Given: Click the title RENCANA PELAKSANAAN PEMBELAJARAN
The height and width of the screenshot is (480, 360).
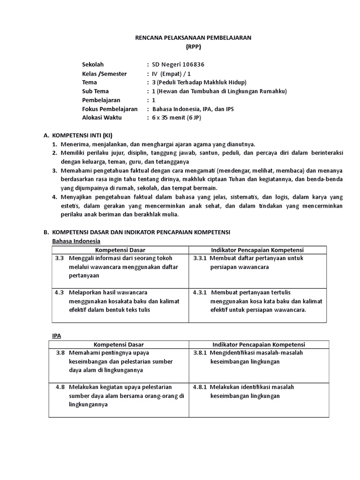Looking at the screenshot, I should coord(193,38).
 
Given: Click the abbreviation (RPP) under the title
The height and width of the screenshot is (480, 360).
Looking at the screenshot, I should coord(193,47).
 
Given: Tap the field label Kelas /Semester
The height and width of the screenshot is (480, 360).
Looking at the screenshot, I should coord(104,74).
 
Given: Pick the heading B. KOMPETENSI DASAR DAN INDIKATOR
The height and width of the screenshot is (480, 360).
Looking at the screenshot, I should coord(141,232).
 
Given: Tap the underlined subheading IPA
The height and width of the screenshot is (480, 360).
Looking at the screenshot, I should coord(56,336).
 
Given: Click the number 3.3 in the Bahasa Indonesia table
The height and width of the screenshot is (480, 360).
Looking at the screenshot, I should coord(59,258).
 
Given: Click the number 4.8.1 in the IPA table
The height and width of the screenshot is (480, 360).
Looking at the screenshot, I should coord(200,387).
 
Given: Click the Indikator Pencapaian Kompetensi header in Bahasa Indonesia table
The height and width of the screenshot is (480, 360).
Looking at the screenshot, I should coord(257,250).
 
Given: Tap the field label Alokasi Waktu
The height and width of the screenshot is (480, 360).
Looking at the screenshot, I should coord(102,118).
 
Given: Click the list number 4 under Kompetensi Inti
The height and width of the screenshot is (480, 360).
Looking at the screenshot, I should coord(54,197).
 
